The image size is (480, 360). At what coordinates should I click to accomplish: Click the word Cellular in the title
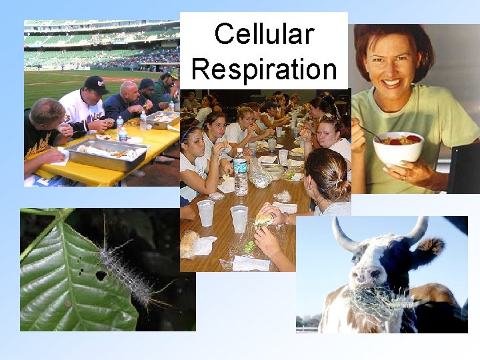point(264,34)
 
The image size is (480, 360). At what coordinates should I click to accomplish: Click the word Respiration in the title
point(264,68)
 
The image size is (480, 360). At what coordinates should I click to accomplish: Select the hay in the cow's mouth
point(377,303)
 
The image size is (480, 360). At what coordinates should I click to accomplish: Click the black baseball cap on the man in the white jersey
point(97,84)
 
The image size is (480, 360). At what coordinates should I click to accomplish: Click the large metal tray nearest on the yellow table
point(107,155)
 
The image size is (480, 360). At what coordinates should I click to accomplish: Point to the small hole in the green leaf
point(101,275)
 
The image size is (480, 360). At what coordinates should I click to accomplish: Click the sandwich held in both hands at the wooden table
point(264,219)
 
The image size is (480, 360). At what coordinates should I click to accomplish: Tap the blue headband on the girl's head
point(190,129)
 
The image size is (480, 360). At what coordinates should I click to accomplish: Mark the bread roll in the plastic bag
point(189,243)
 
